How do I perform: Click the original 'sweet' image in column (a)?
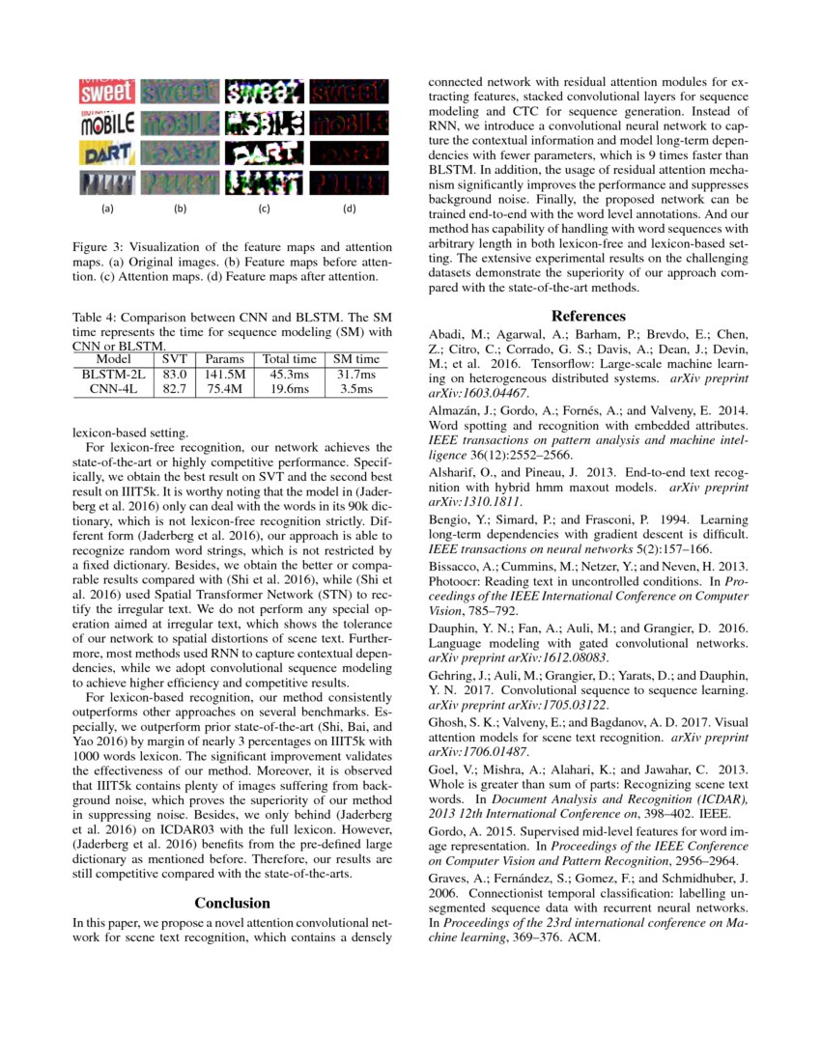pos(106,92)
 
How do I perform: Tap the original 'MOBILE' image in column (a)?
pos(106,124)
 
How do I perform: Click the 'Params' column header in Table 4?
pos(225,358)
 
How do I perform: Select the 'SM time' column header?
pos(356,358)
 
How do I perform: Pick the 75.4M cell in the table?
pos(225,387)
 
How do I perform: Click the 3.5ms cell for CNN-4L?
pos(356,387)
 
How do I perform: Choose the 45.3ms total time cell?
pos(290,373)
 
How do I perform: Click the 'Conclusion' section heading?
pos(233,903)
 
